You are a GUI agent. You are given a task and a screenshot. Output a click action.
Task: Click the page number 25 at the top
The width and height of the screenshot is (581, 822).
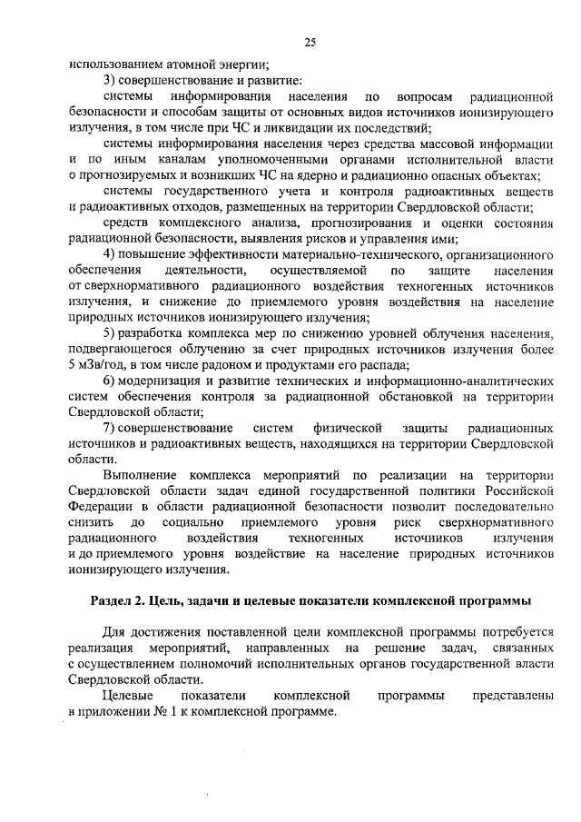[310, 41]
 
